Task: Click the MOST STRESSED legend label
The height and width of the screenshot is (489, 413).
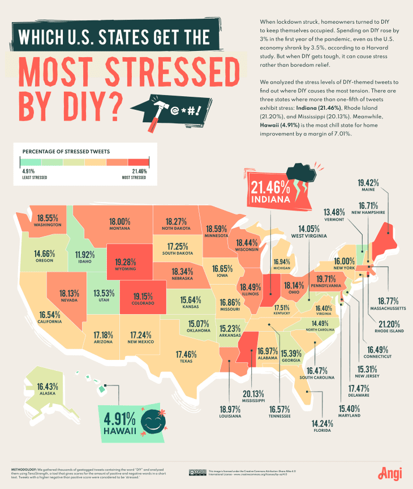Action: pos(134,177)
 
